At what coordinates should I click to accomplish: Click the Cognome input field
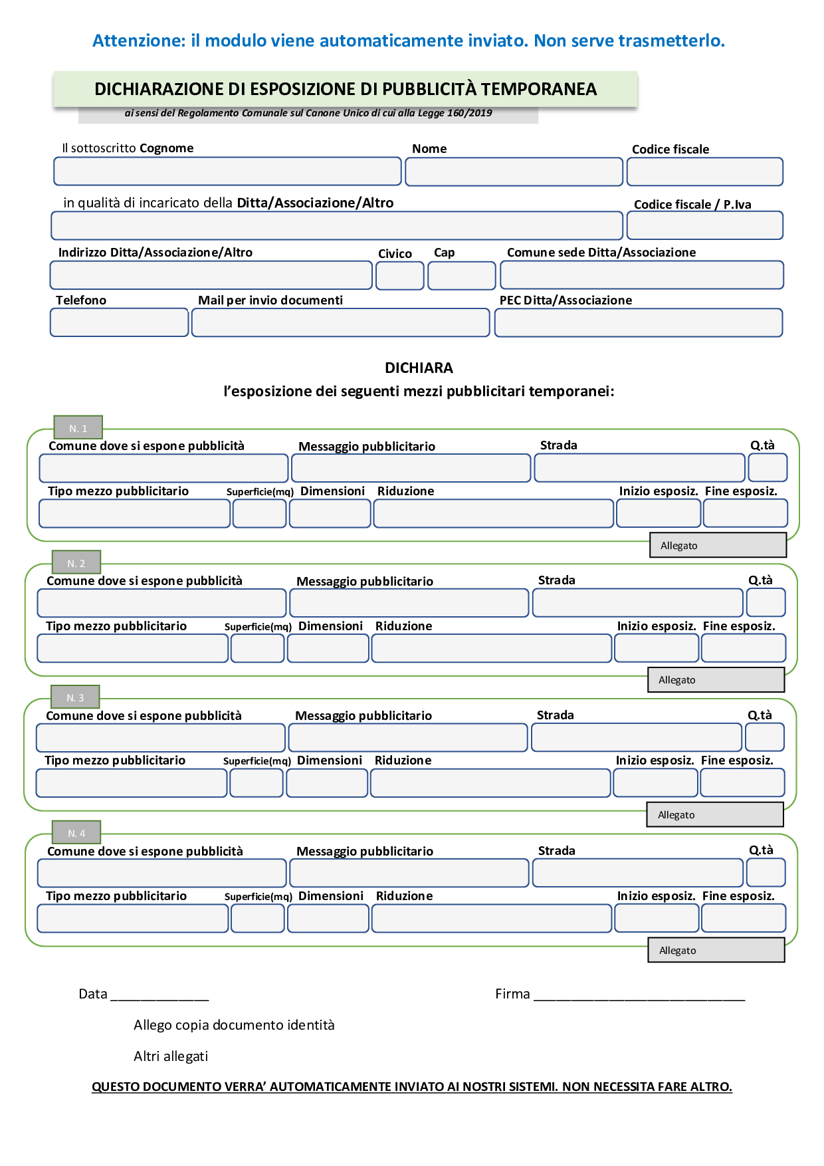pos(227,172)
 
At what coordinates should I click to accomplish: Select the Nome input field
pos(514,172)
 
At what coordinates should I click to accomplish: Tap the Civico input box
pos(400,276)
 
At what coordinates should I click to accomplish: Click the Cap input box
pos(462,276)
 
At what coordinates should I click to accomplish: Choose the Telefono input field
pos(120,322)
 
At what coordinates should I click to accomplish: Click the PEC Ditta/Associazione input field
pos(639,323)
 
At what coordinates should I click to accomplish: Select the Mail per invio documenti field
pos(341,323)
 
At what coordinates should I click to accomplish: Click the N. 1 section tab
pos(78,428)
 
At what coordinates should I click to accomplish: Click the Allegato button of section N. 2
pos(716,680)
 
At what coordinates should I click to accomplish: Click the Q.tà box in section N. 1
pos(768,467)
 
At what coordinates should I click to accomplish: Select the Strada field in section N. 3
pos(637,737)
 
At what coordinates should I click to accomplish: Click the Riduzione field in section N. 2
pos(492,648)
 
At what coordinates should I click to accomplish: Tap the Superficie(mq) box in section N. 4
pos(258,919)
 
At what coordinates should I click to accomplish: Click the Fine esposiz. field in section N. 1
pos(746,513)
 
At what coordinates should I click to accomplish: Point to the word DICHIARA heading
pos(419,368)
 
